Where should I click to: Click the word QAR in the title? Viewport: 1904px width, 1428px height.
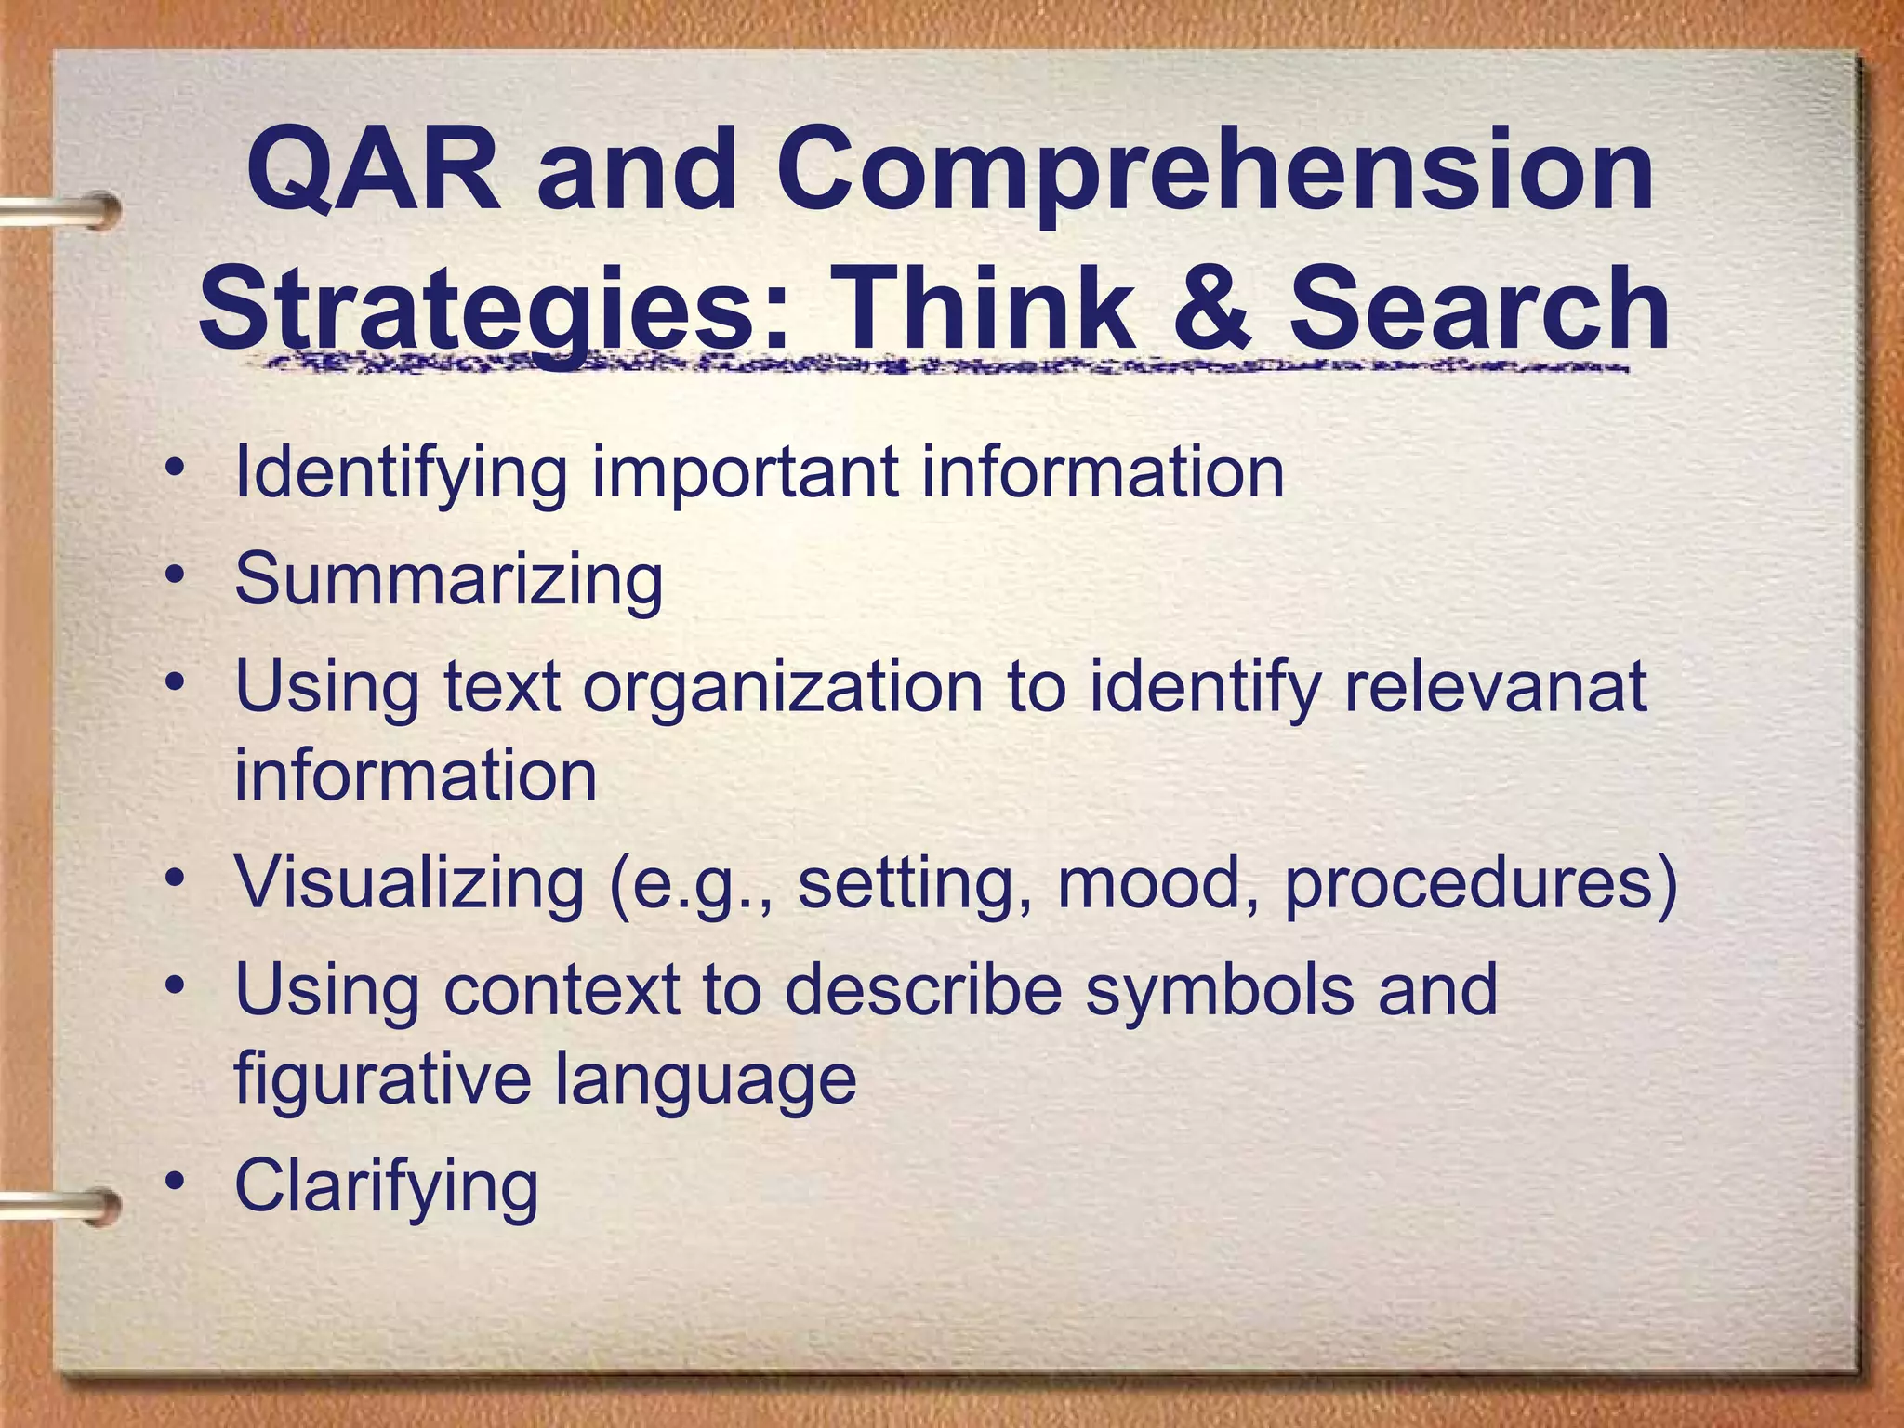pyautogui.click(x=372, y=172)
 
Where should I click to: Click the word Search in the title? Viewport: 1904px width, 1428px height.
pyautogui.click(x=1478, y=308)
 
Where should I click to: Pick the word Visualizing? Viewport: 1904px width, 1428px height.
pyautogui.click(x=409, y=883)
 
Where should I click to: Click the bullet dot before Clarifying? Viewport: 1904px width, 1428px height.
pyautogui.click(x=175, y=1182)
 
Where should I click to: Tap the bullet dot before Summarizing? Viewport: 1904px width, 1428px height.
pyautogui.click(x=175, y=575)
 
